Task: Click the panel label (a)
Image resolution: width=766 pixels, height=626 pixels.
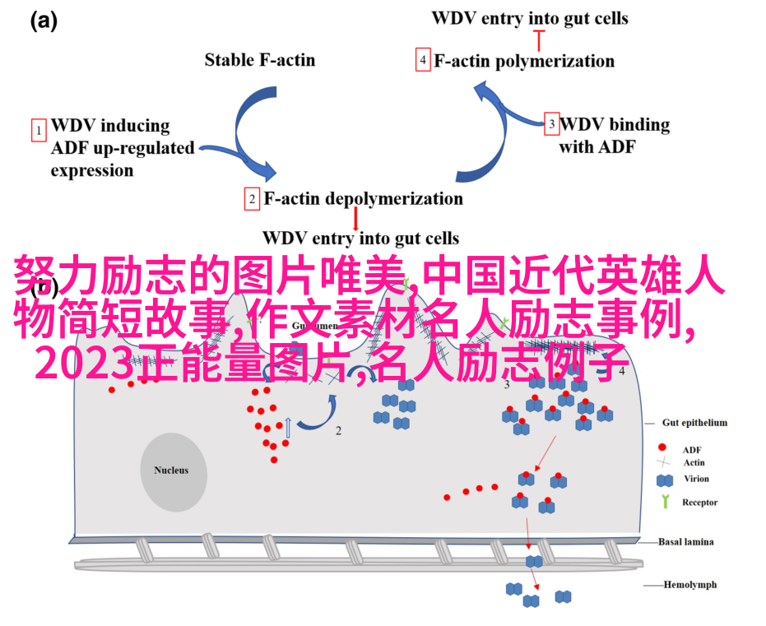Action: [44, 22]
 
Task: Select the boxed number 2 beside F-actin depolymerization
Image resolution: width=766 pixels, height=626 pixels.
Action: [252, 199]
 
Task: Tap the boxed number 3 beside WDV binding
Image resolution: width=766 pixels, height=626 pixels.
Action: [552, 125]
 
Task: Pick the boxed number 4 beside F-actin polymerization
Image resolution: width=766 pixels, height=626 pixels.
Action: [423, 61]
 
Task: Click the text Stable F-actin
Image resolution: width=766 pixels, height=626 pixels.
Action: [260, 59]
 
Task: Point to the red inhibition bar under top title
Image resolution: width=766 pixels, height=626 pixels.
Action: [540, 38]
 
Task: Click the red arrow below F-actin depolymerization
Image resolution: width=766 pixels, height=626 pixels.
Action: [355, 219]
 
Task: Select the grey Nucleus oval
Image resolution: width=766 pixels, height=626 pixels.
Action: [171, 471]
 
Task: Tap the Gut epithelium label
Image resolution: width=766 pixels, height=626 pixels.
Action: [694, 423]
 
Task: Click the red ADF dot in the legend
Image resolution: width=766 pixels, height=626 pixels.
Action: [662, 448]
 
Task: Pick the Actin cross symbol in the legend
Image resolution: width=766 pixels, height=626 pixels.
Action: [662, 463]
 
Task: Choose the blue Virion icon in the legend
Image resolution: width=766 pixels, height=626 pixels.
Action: [663, 480]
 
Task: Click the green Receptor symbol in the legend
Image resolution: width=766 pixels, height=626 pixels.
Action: [663, 502]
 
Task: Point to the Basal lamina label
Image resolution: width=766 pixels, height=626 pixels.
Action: [686, 542]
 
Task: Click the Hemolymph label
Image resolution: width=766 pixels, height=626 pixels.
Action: [690, 585]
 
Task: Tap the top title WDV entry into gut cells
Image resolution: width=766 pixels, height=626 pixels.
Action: [530, 17]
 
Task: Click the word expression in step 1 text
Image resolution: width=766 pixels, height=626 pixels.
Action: [92, 171]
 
